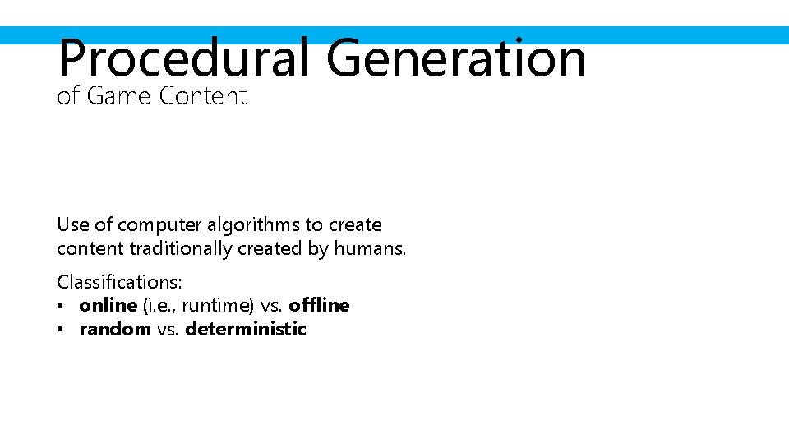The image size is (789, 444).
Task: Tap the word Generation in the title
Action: [x=456, y=58]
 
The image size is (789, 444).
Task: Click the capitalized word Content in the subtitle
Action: [x=203, y=96]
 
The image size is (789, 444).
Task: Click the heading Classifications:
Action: [x=119, y=282]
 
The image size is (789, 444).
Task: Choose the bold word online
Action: [x=108, y=305]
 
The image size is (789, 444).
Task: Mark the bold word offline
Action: [x=319, y=305]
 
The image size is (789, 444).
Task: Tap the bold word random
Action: [x=115, y=329]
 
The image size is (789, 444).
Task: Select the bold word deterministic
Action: [x=246, y=329]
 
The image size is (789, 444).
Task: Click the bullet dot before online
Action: [x=62, y=306]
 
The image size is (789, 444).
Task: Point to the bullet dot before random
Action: [x=62, y=330]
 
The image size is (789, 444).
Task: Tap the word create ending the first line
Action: [x=355, y=224]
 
